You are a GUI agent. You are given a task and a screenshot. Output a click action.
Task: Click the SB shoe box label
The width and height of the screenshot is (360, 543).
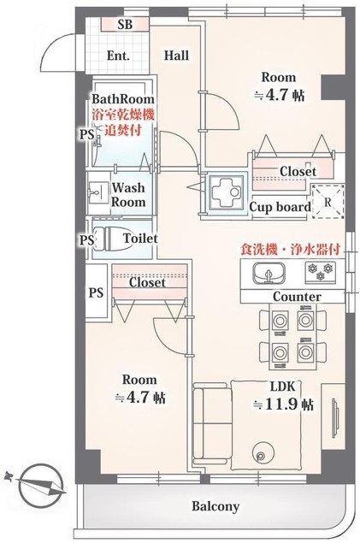click(125, 25)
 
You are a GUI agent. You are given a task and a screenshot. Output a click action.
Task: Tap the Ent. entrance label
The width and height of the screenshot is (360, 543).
click(118, 56)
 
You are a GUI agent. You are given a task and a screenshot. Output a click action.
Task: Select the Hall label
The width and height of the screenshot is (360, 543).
click(176, 56)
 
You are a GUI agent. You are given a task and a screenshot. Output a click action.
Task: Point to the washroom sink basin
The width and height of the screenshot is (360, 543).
click(95, 192)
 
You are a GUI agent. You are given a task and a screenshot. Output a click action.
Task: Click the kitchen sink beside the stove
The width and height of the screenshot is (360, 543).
click(269, 273)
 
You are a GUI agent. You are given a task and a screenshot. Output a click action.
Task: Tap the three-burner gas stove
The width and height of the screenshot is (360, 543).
click(320, 271)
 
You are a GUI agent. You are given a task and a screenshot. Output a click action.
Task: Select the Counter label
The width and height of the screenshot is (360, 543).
click(297, 297)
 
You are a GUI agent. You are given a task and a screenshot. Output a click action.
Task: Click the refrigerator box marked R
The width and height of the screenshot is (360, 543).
click(328, 202)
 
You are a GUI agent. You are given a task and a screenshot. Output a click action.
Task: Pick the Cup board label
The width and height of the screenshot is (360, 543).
click(280, 207)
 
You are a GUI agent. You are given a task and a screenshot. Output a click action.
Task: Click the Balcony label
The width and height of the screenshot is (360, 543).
click(215, 506)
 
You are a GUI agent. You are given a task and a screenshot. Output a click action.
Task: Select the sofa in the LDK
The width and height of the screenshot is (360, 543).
click(211, 423)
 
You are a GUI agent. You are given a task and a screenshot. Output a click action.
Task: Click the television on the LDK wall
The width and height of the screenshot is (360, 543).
click(335, 419)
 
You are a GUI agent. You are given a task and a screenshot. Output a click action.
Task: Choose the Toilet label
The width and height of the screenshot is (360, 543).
click(140, 239)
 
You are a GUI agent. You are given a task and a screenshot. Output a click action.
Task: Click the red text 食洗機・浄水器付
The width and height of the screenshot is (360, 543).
click(291, 250)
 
